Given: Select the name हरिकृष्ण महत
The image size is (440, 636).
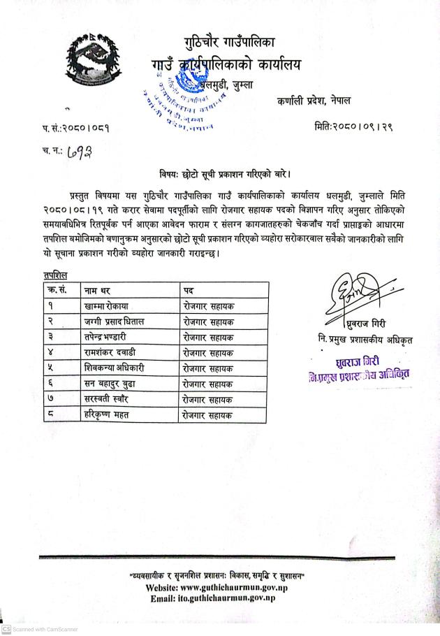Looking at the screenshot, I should tap(106, 414).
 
